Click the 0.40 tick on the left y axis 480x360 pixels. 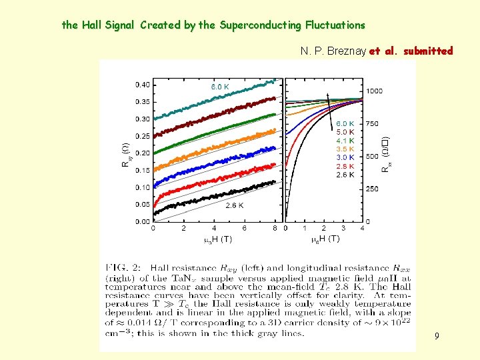(141, 85)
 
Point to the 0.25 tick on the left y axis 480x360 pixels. (141, 136)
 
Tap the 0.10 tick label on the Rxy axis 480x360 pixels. (141, 187)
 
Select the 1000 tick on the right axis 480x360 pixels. (374, 91)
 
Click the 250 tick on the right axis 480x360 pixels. (372, 189)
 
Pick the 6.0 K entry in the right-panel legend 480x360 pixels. (345, 124)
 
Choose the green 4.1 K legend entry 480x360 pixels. (345, 141)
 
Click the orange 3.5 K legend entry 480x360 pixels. (345, 149)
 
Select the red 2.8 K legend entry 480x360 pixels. (345, 166)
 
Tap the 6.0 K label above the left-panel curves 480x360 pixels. (220, 87)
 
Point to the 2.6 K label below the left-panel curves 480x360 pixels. (234, 205)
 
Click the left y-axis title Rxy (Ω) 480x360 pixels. (125, 155)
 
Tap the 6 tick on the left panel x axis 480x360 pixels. (244, 228)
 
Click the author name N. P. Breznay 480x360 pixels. (333, 51)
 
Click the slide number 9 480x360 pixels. (437, 337)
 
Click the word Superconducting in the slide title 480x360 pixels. (261, 25)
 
